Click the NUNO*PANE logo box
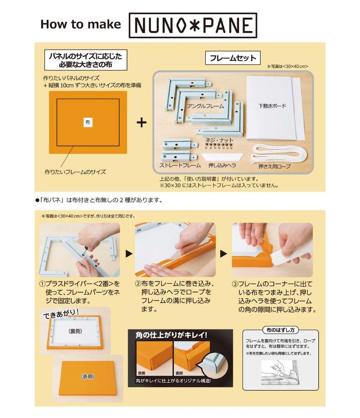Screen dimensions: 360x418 (193, 25)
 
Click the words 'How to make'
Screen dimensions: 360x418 (80, 24)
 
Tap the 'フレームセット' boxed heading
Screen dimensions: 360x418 (233, 58)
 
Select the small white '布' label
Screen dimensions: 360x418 (88, 122)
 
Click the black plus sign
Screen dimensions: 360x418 (141, 122)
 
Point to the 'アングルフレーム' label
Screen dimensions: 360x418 (205, 106)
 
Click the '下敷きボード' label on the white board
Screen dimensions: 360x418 (272, 106)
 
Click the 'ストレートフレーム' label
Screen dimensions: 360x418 (180, 165)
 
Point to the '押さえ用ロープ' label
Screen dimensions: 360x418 (274, 167)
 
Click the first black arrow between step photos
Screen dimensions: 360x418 (129, 253)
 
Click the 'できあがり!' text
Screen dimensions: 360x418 (61, 313)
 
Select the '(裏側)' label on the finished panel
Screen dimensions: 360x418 (75, 331)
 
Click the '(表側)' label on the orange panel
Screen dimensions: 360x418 (88, 376)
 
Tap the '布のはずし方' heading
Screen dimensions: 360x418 (280, 330)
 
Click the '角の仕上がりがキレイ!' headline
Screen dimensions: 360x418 (171, 335)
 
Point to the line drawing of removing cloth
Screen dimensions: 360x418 (279, 373)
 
